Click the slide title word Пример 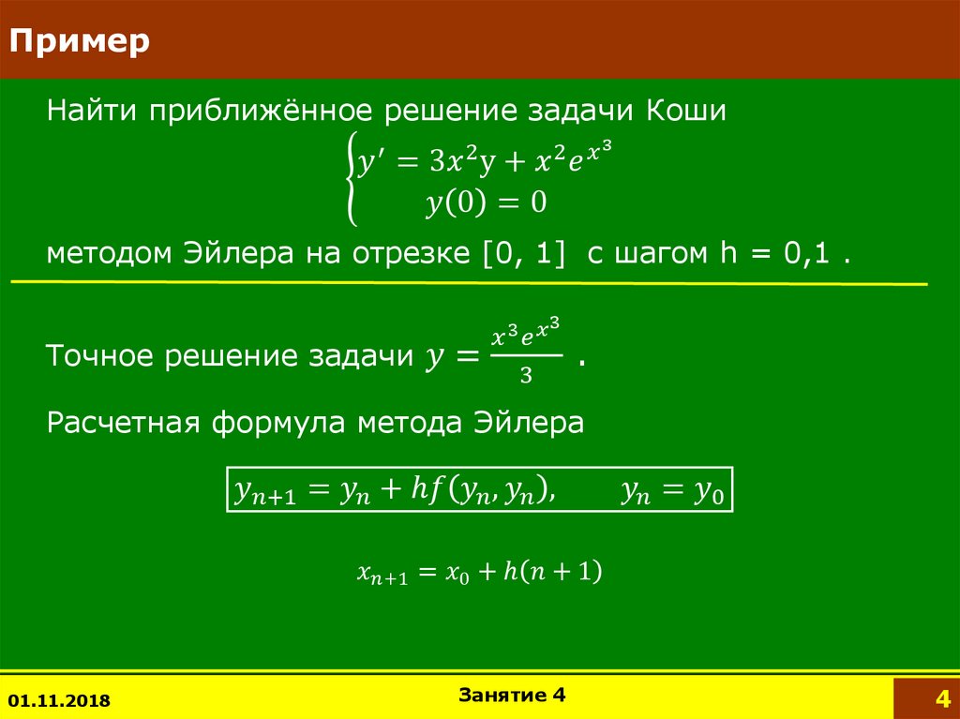click(x=80, y=42)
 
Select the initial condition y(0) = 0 click(x=486, y=203)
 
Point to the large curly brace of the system click(x=351, y=178)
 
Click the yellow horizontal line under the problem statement click(x=469, y=281)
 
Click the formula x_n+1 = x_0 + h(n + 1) click(x=479, y=572)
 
